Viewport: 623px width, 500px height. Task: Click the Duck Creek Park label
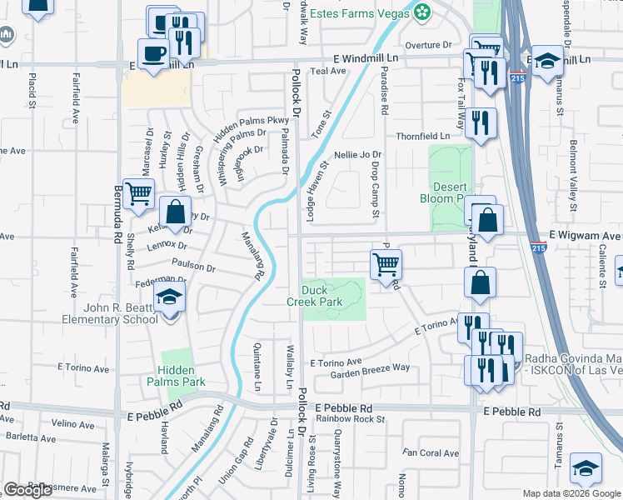tap(321, 296)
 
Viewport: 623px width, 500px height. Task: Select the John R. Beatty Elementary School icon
tap(170, 298)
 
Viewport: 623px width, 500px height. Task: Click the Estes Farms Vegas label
tap(360, 13)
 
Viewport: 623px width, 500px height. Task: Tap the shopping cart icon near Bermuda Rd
tap(138, 194)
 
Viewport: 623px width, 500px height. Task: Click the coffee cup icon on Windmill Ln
tap(152, 55)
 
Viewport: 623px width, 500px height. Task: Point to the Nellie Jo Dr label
tap(357, 154)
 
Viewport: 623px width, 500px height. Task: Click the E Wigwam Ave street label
tap(584, 236)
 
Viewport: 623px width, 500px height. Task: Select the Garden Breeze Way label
tap(371, 367)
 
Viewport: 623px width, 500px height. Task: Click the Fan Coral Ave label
tap(431, 453)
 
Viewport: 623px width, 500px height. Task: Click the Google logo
tap(28, 489)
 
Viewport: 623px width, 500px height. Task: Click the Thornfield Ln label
tap(422, 136)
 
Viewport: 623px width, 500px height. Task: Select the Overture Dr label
tap(428, 45)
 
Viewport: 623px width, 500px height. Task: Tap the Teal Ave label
tap(327, 72)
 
